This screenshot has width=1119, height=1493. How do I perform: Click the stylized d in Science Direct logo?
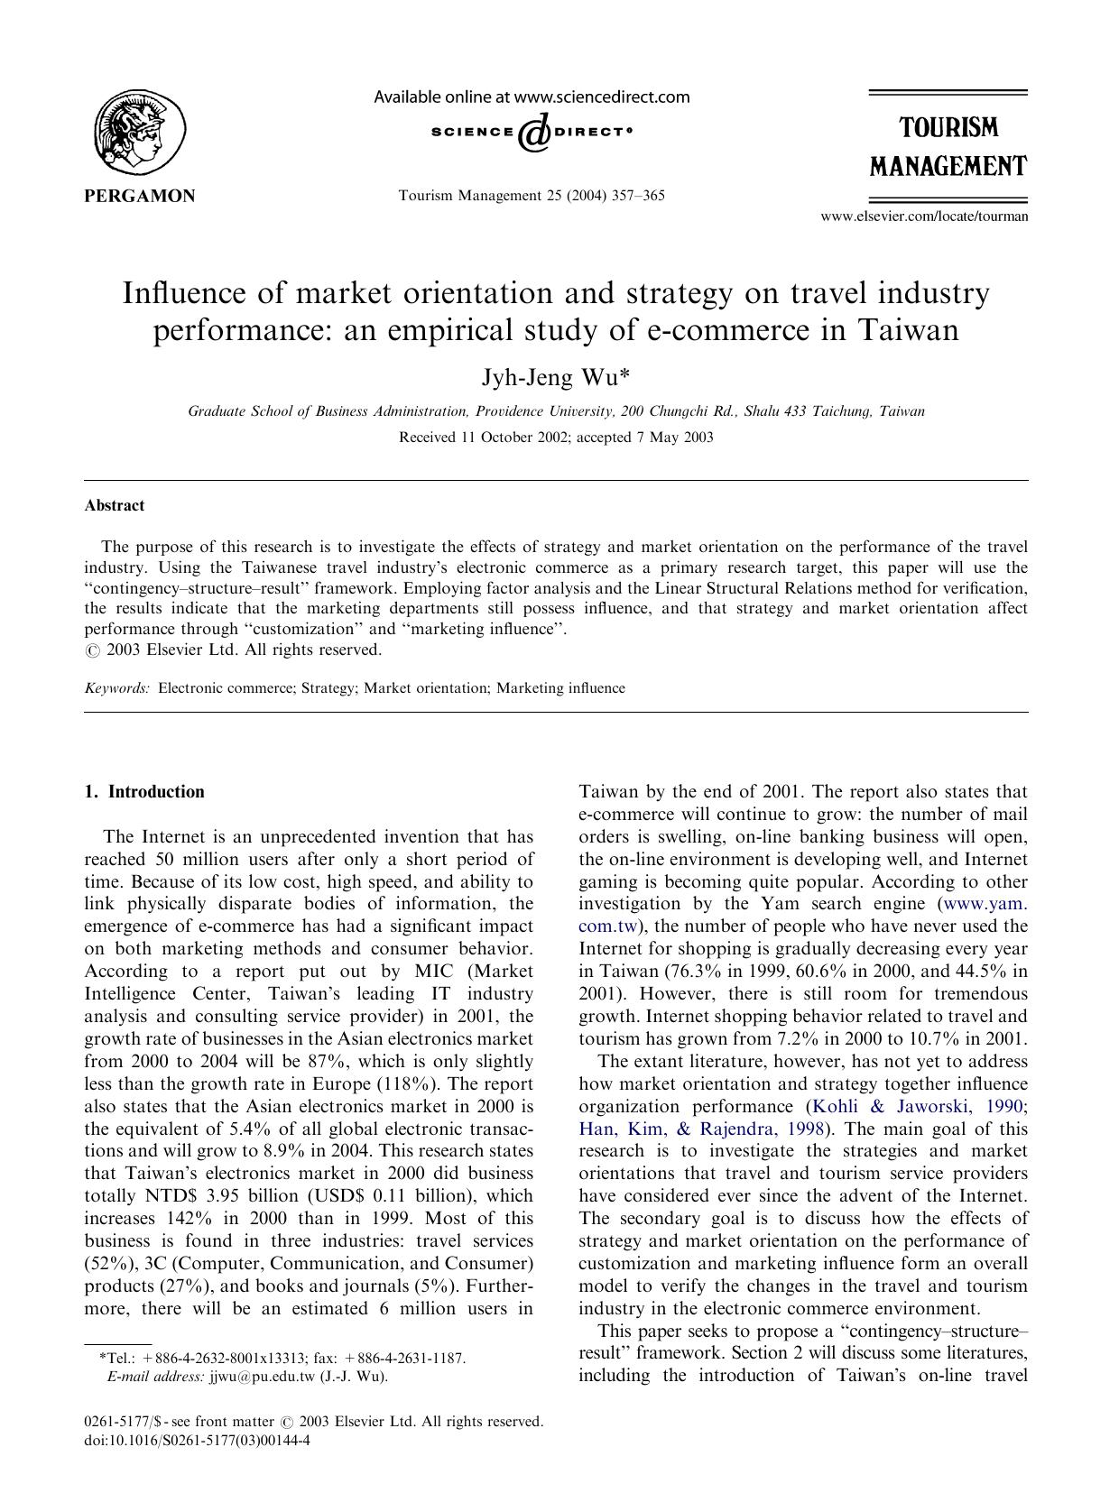click(533, 133)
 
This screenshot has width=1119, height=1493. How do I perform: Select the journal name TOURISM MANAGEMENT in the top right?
click(948, 147)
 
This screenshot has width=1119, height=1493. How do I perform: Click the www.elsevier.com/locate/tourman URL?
click(923, 217)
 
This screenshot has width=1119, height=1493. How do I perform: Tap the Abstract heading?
click(114, 506)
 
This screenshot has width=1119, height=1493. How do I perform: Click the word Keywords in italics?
click(117, 688)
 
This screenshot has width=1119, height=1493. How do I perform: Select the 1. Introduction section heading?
click(144, 792)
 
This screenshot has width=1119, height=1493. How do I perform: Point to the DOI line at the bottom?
click(197, 1441)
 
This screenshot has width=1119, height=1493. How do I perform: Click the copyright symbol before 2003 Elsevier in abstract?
click(91, 650)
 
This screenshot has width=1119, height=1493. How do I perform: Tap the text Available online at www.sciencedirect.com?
click(532, 97)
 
